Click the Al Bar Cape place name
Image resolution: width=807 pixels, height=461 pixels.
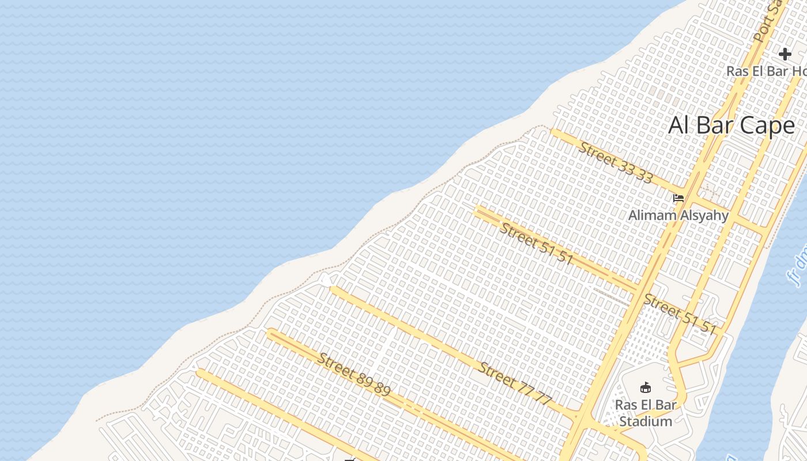coord(731,125)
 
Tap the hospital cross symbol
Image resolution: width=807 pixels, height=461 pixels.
coord(785,54)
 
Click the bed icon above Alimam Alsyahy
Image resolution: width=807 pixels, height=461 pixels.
coord(678,198)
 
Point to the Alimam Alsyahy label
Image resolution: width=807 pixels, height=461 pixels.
coord(678,216)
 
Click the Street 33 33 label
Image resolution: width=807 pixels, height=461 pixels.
coord(616,163)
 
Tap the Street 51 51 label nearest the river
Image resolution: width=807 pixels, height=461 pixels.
coord(680,313)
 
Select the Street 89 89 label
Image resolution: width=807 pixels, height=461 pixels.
coord(354,374)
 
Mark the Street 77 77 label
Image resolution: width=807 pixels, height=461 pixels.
coord(515,383)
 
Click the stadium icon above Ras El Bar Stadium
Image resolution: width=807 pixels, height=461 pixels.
coord(646,387)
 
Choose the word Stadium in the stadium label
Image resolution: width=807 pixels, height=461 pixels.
coord(646,421)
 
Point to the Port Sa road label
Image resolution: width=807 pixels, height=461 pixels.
coord(766,23)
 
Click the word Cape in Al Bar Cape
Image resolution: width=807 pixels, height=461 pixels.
coord(766,125)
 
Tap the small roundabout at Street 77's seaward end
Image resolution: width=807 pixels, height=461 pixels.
coord(326,280)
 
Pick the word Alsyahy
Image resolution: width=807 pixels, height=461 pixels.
coord(703,216)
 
